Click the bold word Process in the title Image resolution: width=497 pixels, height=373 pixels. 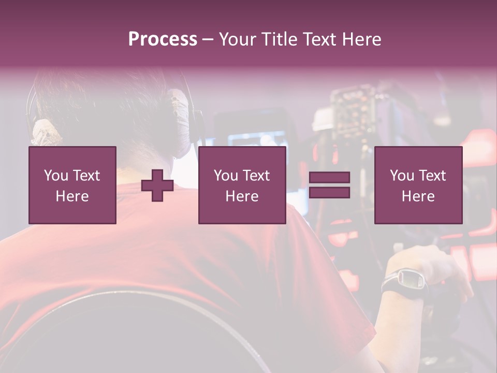[x=163, y=39]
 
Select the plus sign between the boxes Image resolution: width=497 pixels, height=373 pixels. [x=157, y=185]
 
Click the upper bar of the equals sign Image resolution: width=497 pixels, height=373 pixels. [x=329, y=178]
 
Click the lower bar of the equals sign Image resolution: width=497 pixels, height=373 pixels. [x=329, y=192]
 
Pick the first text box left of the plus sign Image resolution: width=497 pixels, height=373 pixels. [x=72, y=185]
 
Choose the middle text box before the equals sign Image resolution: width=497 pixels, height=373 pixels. [x=242, y=185]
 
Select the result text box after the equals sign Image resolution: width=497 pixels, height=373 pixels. [x=418, y=185]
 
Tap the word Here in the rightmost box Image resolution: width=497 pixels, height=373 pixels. [x=418, y=196]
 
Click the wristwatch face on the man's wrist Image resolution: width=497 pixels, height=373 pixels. [x=412, y=280]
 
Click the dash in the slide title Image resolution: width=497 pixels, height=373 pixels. [x=208, y=39]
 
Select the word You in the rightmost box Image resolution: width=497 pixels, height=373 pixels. [x=402, y=176]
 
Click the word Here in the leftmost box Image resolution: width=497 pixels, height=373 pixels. [x=72, y=196]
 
